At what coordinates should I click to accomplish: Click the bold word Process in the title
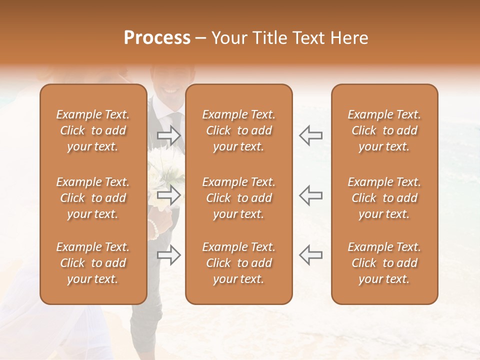[157, 38]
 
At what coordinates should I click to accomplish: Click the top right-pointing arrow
[168, 135]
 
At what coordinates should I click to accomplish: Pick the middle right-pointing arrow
[168, 195]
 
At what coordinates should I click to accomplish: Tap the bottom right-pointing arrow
[168, 254]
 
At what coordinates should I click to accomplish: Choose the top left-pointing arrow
[310, 135]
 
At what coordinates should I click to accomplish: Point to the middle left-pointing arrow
[310, 195]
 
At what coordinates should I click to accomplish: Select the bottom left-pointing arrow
[310, 254]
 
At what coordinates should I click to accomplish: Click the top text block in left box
[93, 130]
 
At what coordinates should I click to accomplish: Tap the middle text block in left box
[93, 198]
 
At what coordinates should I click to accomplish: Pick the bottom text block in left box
[93, 263]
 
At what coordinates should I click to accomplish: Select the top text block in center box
[238, 130]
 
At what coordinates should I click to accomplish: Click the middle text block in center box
[238, 198]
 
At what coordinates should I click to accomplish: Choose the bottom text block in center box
[238, 263]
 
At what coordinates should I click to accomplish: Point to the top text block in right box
[384, 130]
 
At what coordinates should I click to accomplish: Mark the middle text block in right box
[384, 198]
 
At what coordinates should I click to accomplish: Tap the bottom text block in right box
[384, 263]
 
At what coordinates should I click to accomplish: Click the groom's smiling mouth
[169, 91]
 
